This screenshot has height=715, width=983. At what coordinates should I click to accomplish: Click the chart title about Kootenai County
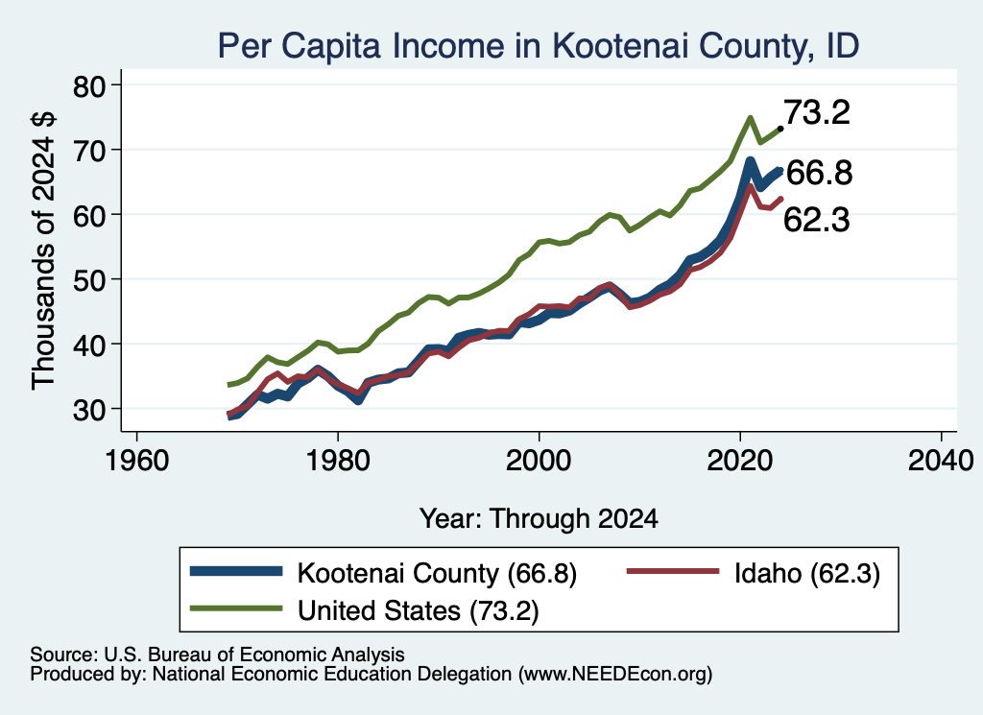click(x=538, y=45)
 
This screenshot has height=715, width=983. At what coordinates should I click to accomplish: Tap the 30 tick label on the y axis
click(x=89, y=410)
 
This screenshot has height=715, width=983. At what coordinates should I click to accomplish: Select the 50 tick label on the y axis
click(x=89, y=280)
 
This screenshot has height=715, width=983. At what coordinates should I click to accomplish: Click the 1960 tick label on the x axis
click(x=136, y=462)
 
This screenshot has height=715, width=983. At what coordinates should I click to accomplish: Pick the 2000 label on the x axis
click(x=539, y=462)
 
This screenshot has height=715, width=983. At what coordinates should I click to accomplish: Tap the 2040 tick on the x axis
click(x=941, y=436)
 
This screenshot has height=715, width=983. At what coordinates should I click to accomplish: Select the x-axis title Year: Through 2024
click(x=539, y=519)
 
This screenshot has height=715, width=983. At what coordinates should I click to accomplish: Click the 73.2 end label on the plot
click(x=817, y=113)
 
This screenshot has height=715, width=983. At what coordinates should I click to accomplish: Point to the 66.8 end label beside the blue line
click(x=819, y=173)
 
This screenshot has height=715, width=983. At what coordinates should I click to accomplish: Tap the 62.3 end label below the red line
click(x=816, y=220)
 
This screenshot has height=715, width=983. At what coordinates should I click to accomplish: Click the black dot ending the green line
click(x=779, y=129)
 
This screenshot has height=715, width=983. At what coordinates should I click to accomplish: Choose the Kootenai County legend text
click(x=437, y=573)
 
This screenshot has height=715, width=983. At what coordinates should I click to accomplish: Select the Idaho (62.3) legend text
click(x=807, y=573)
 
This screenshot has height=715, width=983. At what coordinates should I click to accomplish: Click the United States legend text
click(x=419, y=610)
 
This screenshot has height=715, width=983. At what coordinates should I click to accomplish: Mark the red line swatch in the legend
click(x=673, y=571)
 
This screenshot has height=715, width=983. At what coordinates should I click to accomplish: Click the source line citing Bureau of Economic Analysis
click(x=217, y=655)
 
